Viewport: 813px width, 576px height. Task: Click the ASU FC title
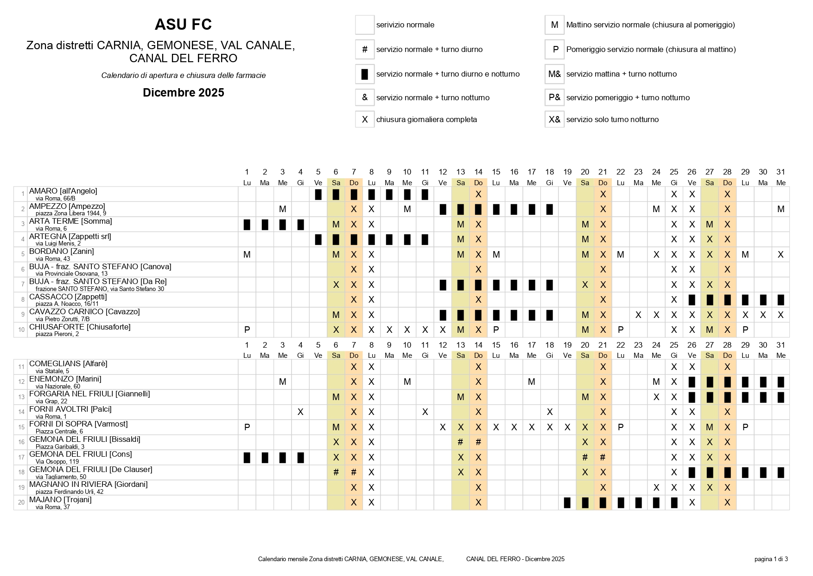[183, 25]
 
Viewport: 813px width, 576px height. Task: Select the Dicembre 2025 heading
[183, 93]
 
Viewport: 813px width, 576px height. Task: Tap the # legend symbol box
[365, 49]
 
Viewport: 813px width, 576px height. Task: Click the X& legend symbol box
[554, 119]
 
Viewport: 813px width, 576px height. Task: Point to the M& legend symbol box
[554, 74]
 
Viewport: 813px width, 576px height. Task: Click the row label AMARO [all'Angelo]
[63, 191]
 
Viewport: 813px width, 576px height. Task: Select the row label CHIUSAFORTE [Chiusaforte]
[80, 327]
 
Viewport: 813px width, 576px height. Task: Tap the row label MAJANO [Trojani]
[60, 499]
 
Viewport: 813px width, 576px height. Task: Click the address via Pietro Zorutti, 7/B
[63, 319]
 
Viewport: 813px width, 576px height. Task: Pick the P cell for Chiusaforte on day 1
[247, 330]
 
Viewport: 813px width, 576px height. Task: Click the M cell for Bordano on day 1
[247, 254]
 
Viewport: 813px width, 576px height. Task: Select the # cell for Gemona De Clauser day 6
[336, 472]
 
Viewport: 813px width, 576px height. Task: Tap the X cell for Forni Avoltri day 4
[300, 412]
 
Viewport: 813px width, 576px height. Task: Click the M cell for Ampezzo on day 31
[781, 209]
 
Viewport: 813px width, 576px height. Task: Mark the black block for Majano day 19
[567, 502]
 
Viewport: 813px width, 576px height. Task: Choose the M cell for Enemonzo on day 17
[532, 382]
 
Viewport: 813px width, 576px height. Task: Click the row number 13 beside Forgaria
[21, 397]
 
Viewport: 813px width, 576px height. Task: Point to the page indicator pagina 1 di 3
[771, 559]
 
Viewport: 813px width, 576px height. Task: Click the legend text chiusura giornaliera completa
[426, 119]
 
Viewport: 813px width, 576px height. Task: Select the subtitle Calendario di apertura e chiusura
[183, 75]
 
